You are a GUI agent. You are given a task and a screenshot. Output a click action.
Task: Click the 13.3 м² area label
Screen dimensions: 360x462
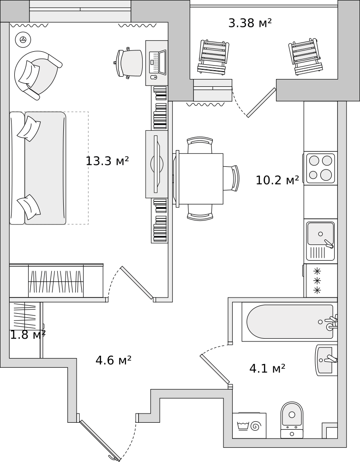point(107,161)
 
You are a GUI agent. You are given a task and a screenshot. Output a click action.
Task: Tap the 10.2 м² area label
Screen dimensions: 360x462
point(277,180)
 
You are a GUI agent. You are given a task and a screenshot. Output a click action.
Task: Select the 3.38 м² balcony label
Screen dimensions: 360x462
point(250,23)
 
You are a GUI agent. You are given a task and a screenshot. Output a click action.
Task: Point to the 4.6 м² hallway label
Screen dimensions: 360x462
point(114,360)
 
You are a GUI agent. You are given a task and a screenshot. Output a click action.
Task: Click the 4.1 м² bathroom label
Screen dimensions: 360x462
point(267,368)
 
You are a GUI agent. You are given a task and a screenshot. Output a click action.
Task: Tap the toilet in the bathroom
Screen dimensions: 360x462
point(292,420)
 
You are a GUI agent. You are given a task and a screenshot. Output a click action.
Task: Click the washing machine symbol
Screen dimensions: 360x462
point(249,426)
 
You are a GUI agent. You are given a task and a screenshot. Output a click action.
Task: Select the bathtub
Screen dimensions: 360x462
point(289,322)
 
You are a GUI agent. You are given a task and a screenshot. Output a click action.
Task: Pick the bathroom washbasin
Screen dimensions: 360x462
point(326,360)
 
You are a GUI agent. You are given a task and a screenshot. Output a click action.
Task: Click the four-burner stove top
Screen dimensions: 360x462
point(320,168)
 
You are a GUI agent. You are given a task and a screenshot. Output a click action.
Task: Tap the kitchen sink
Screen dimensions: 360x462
point(320,242)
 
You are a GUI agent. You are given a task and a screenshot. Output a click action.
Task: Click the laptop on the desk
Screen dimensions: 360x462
point(158,62)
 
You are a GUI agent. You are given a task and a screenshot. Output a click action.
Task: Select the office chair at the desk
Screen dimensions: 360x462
point(128,63)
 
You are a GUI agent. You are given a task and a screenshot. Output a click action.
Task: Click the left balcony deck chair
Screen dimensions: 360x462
point(213,56)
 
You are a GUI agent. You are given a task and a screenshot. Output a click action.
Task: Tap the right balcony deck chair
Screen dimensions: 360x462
point(306,56)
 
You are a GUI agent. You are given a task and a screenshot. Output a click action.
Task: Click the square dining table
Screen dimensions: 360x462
point(199,178)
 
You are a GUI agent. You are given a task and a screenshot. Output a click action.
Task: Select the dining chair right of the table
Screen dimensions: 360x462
point(231,178)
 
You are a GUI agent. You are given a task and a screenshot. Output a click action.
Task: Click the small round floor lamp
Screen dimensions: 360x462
point(23,39)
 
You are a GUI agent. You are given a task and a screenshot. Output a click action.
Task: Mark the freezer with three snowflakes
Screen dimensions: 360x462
point(320,280)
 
